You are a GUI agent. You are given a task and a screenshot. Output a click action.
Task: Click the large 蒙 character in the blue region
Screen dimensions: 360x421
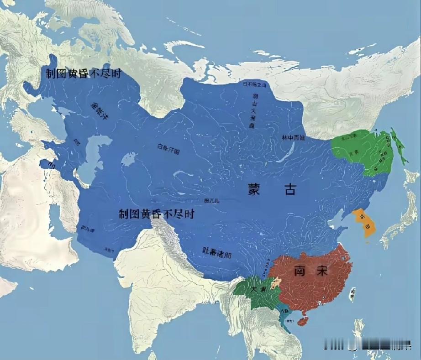point(255,190)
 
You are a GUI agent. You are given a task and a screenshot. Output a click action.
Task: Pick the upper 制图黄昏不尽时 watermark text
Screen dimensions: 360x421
point(83,73)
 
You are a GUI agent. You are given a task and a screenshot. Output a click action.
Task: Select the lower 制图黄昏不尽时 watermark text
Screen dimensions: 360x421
point(157,214)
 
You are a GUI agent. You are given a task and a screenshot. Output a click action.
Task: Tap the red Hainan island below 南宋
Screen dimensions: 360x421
point(302,321)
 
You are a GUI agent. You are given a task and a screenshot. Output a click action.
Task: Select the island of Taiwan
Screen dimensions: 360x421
point(352,295)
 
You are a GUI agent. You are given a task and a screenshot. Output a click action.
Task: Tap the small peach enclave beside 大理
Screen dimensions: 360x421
point(274,284)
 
